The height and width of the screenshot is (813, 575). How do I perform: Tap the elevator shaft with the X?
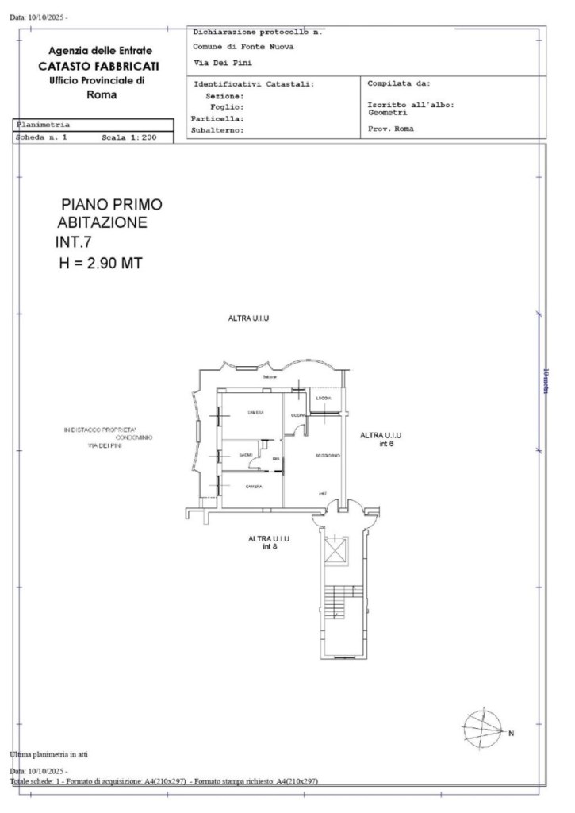tap(336, 550)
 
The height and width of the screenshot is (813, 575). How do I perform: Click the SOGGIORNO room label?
tap(328, 455)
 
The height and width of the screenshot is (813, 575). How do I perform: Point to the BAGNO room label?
tap(245, 454)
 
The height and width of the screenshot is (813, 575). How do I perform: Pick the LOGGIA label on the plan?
tap(323, 398)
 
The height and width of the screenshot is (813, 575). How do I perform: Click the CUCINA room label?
tap(298, 415)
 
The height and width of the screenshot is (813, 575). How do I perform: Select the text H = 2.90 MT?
tap(100, 264)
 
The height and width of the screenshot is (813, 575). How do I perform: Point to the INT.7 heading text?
tap(74, 243)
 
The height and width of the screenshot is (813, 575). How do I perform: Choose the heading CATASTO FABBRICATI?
tap(100, 66)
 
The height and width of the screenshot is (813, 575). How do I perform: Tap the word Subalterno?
tap(217, 129)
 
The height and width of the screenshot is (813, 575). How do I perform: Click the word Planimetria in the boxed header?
tap(43, 125)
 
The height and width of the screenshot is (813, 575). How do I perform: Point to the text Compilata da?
tap(398, 83)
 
